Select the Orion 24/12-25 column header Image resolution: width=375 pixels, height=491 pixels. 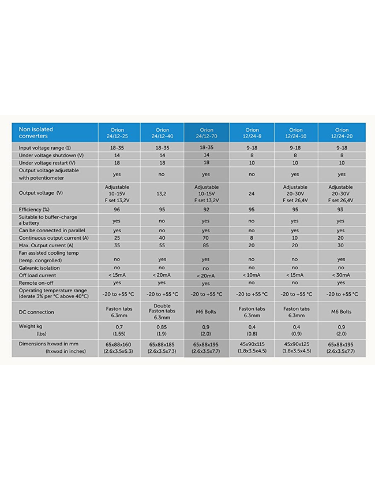tap(117, 133)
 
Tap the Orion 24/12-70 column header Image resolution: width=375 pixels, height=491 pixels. tap(206, 133)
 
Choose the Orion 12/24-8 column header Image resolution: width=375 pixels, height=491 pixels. tap(252, 133)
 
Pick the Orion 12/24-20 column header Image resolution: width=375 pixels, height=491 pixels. tap(340, 133)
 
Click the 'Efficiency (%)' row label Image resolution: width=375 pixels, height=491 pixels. tap(34, 209)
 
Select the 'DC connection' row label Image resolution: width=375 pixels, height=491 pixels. tap(36, 312)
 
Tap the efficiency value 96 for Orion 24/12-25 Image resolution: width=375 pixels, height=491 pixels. tap(117, 209)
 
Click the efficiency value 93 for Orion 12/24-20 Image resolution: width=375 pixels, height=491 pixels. tap(340, 209)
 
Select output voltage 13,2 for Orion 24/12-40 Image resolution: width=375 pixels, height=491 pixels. tap(162, 194)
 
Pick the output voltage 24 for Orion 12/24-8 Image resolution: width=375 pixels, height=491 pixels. tap(252, 194)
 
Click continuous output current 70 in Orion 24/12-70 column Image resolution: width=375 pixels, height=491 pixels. tap(206, 238)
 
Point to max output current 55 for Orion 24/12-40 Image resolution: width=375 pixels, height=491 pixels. tap(162, 245)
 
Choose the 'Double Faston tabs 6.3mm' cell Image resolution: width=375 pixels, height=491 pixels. tap(162, 312)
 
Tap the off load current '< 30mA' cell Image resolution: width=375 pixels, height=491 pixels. tap(340, 276)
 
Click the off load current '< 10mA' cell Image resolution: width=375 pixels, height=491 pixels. tap(252, 276)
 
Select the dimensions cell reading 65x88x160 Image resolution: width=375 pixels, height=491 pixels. tap(117, 344)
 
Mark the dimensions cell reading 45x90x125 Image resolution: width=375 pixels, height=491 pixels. tap(295, 344)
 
